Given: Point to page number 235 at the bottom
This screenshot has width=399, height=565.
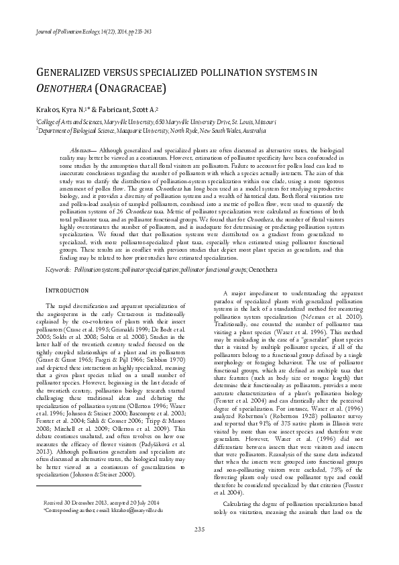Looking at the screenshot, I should coord(199,547).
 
